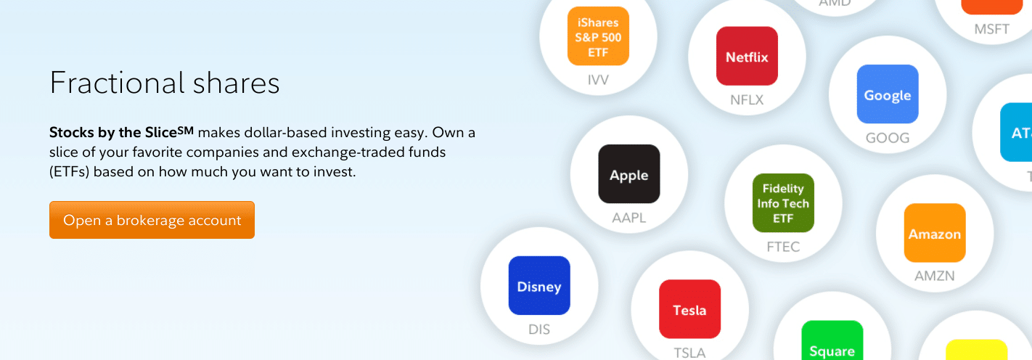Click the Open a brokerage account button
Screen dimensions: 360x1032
152,220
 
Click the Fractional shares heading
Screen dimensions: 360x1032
165,83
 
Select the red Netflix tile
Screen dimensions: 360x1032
747,57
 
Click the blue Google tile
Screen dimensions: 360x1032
887,94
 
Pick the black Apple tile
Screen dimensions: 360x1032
628,174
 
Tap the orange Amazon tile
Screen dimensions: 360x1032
934,233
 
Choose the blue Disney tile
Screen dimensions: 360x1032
538,285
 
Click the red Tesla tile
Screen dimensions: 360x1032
689,309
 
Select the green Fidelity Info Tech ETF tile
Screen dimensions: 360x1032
783,203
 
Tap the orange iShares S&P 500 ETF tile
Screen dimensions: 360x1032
598,36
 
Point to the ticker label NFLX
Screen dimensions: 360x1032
747,100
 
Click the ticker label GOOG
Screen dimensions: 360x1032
887,138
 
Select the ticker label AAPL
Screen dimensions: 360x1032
628,218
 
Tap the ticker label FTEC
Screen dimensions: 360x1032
783,247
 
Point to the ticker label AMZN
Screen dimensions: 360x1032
934,276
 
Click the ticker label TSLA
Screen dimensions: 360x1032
689,353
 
